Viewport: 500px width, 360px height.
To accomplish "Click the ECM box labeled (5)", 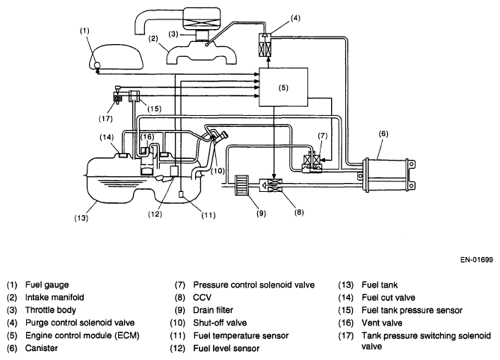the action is (283, 87).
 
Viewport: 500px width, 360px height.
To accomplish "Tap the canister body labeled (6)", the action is (387, 175).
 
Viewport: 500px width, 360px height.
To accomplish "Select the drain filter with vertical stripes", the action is (241, 184).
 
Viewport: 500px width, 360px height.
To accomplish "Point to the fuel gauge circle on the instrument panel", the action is (97, 65).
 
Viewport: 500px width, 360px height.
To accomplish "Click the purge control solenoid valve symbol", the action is (265, 45).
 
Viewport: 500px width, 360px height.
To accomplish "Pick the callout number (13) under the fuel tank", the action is (81, 218).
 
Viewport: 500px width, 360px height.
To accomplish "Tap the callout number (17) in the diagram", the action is (105, 119).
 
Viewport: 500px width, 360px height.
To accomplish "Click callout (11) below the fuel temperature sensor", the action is (209, 216).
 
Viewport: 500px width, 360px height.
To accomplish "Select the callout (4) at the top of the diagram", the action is (295, 18).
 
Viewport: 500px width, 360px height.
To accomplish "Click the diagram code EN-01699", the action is (476, 260).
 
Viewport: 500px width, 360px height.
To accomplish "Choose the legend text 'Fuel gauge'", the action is (47, 285).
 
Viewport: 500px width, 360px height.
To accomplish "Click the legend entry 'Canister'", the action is (41, 348).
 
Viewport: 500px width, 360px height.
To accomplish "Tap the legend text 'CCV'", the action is (203, 297).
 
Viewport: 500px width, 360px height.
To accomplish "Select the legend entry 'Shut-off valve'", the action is (220, 323).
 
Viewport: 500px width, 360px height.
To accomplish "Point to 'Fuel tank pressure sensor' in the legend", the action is (412, 310).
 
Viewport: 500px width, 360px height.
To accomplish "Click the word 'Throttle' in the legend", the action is (40, 310).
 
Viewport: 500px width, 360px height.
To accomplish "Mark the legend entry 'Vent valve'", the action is (382, 323).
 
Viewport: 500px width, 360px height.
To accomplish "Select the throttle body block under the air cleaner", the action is (202, 35).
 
